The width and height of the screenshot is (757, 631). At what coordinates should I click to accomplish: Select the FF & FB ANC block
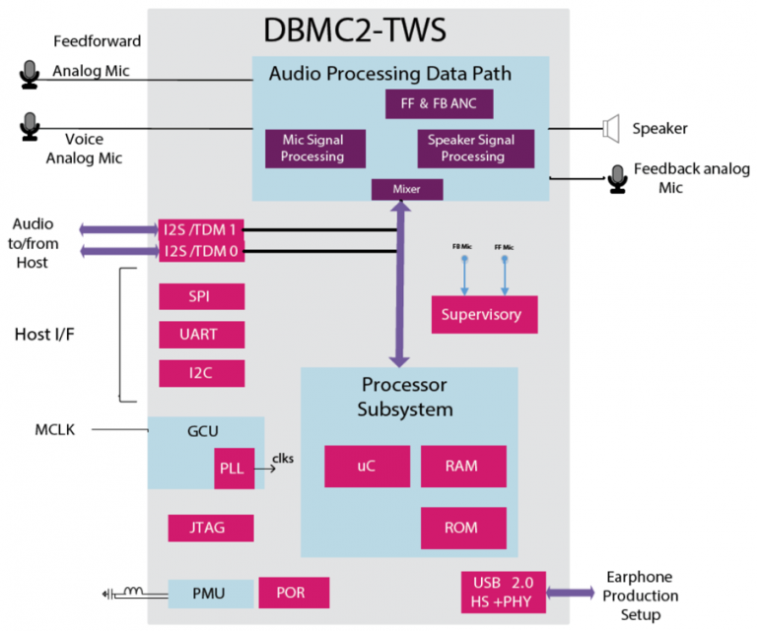[x=438, y=104]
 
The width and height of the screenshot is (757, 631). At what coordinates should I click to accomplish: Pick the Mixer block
[x=406, y=189]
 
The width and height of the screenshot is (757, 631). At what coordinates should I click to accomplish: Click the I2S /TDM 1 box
[x=200, y=229]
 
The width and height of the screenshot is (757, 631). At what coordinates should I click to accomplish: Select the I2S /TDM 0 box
[x=200, y=252]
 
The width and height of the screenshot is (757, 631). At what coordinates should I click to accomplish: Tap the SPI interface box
[x=201, y=296]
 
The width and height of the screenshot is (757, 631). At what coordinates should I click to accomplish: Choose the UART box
[x=201, y=335]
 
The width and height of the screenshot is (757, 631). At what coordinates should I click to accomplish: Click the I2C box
[x=201, y=373]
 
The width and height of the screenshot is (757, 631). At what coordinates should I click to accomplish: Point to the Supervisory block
[x=484, y=314]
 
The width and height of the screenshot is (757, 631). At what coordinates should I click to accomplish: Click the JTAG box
[x=210, y=528]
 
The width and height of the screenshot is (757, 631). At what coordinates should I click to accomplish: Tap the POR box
[x=294, y=593]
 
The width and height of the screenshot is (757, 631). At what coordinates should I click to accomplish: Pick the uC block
[x=367, y=466]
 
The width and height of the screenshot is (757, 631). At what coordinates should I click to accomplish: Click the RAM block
[x=463, y=466]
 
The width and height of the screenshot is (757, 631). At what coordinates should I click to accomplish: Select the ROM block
[x=463, y=528]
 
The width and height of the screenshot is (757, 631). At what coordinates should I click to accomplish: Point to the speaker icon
[x=610, y=128]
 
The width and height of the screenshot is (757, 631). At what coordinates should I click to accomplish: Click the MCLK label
[x=55, y=429]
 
